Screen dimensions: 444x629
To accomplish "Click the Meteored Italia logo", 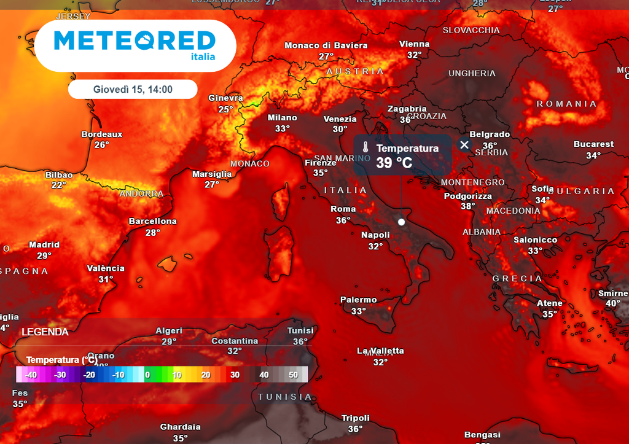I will click(135, 45).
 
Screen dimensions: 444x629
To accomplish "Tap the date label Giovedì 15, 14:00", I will click(133, 90).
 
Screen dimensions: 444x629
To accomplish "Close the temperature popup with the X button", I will click(464, 145).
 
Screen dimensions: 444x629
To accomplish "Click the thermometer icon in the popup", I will click(365, 148).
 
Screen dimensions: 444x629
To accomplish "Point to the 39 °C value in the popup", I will click(394, 163).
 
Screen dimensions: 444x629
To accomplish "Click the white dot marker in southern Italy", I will click(402, 222).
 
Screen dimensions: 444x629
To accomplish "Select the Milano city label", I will click(283, 118).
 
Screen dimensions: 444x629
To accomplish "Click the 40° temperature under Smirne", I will click(612, 303).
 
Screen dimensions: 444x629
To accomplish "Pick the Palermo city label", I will click(359, 300).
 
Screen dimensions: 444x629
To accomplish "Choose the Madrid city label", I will click(44, 245).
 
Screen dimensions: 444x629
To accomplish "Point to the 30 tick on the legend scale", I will click(235, 375).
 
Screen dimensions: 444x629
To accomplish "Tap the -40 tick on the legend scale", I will click(31, 375).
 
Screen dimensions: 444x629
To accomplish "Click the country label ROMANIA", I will click(566, 104).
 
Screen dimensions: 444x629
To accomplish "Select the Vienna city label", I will click(415, 44).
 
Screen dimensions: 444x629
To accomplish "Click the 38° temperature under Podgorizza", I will click(468, 206).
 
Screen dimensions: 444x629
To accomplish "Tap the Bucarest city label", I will click(593, 144).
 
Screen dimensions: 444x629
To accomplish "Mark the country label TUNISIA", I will click(285, 397).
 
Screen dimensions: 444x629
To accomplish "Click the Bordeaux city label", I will click(102, 134).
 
